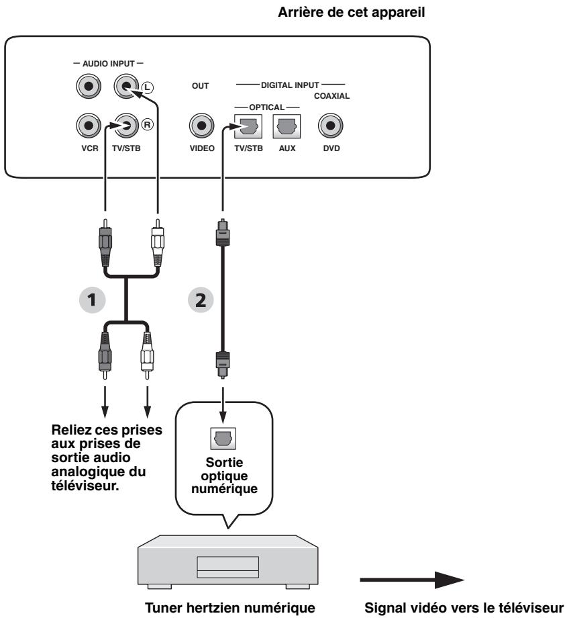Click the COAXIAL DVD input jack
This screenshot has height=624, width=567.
coord(329,125)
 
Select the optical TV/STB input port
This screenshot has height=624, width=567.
coord(245,125)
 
